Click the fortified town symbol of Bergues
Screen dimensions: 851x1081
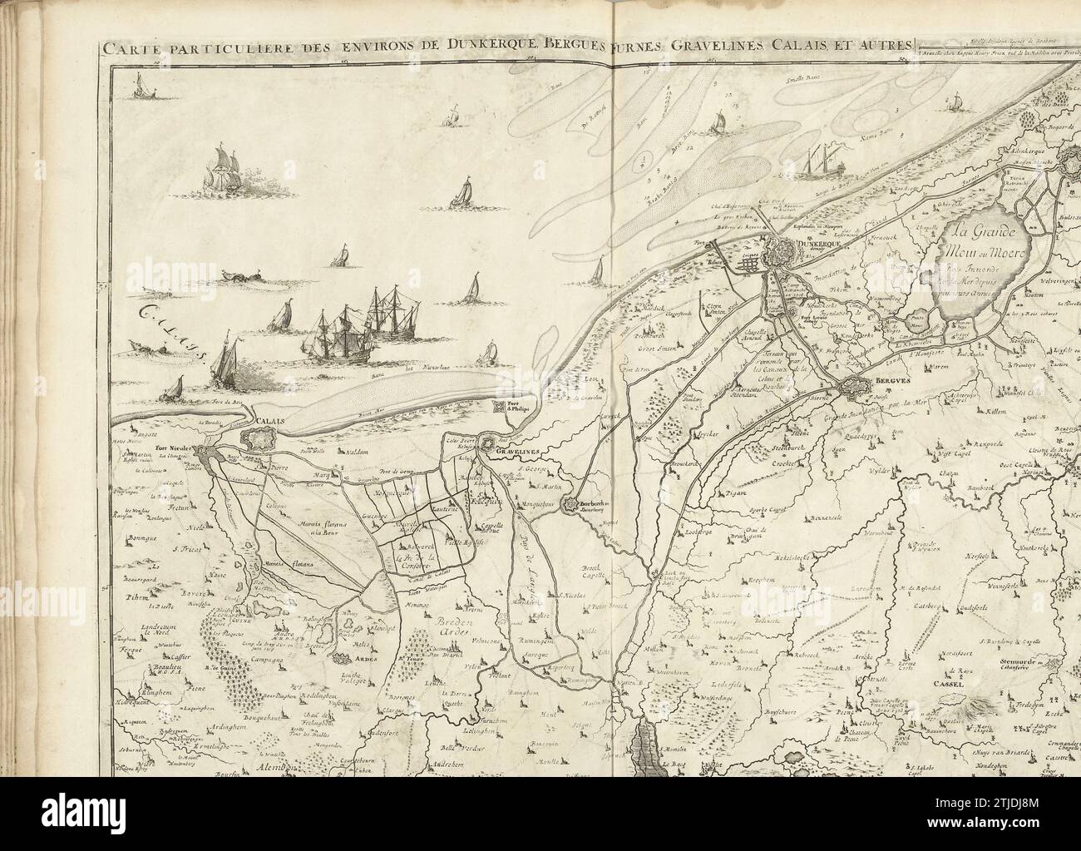coord(857,388)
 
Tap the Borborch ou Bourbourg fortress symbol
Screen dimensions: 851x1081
coord(573,504)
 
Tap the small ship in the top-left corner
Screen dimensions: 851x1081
coord(144,83)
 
